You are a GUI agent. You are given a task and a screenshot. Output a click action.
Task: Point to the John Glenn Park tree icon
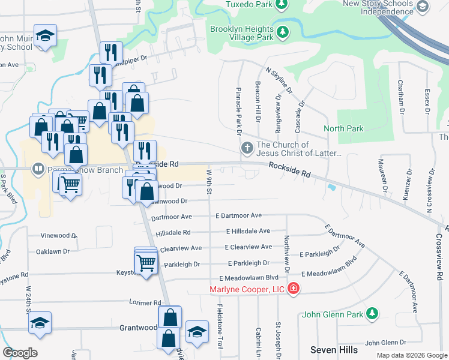pyautogui.click(x=373, y=313)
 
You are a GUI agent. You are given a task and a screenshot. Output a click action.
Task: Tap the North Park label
pyautogui.click(x=343, y=128)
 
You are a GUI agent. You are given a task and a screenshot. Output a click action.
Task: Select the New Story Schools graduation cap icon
pyautogui.click(x=423, y=7)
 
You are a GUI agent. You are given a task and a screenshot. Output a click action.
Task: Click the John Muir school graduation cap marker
pyautogui.click(x=45, y=36)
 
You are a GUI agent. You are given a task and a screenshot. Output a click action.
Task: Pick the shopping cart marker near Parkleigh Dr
pyautogui.click(x=146, y=262)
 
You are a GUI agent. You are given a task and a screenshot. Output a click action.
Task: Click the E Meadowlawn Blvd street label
pyautogui.click(x=249, y=278)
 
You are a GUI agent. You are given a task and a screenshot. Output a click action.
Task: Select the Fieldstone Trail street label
pyautogui.click(x=220, y=327)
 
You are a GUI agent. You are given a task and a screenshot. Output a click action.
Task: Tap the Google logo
pyautogui.click(x=20, y=353)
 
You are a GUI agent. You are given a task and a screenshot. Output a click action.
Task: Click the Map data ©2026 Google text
pyautogui.click(x=411, y=355)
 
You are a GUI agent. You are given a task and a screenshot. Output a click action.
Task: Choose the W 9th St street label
pyautogui.click(x=209, y=182)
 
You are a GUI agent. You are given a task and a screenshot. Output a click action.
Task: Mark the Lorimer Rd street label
pyautogui.click(x=145, y=303)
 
